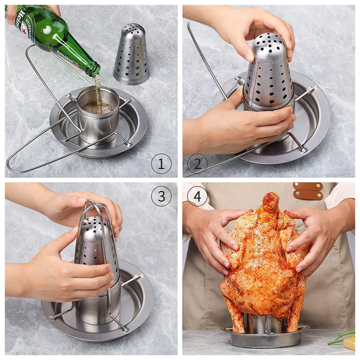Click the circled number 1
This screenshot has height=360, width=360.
[x=161, y=164]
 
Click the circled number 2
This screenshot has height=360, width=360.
[x=197, y=164]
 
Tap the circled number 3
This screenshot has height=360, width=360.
[x=161, y=196]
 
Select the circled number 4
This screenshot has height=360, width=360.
[x=197, y=196]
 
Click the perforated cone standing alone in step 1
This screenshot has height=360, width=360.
[x=131, y=54]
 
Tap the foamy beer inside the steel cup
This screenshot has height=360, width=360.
[x=98, y=108]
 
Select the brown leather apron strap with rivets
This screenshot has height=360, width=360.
[x=308, y=190]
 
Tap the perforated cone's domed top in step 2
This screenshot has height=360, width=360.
[x=269, y=44]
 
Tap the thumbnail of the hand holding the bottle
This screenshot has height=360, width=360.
[x=10, y=22]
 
